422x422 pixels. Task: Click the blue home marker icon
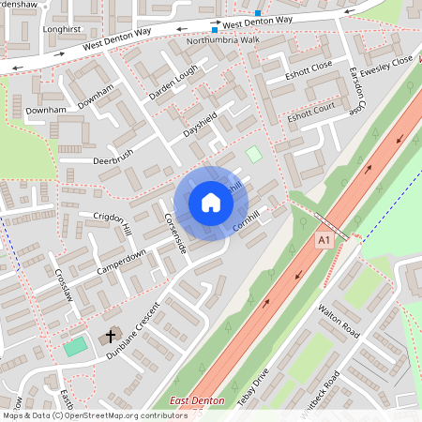click(x=211, y=203)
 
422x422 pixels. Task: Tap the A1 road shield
click(x=324, y=241)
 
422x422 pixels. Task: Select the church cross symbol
click(x=110, y=335)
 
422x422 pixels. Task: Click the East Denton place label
click(x=198, y=401)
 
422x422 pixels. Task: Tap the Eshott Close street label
click(x=309, y=72)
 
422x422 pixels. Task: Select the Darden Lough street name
click(x=173, y=83)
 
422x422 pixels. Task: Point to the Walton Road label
click(x=339, y=320)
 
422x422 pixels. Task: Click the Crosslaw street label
click(x=63, y=281)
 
